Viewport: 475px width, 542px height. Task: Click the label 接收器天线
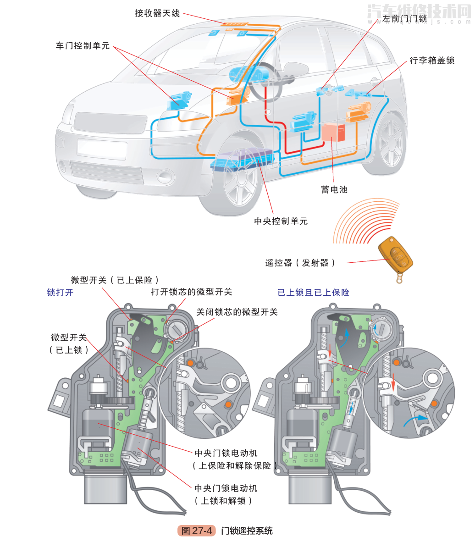click(157, 13)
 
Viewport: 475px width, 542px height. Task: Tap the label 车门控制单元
click(83, 46)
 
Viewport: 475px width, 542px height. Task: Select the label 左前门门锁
click(404, 19)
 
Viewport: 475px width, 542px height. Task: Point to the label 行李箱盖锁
click(432, 61)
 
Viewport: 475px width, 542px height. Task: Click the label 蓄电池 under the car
click(334, 189)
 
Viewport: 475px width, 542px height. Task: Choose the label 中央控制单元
click(281, 221)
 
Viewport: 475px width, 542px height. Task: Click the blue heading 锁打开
click(60, 293)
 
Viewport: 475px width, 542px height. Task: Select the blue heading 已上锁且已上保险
click(313, 293)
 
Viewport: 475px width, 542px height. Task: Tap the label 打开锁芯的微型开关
click(191, 292)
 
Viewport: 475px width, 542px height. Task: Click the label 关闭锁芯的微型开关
click(237, 312)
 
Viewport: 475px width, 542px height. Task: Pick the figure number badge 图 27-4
click(197, 531)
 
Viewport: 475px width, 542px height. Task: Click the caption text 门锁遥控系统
click(247, 531)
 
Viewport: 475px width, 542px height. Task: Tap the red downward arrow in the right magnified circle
click(393, 382)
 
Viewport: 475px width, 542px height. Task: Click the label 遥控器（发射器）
click(300, 263)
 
